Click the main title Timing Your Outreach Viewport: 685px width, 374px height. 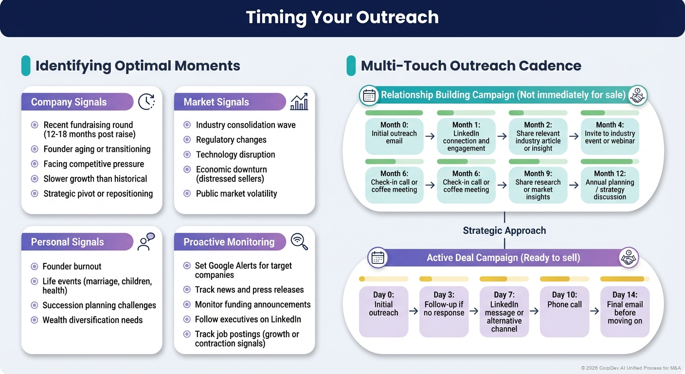pyautogui.click(x=342, y=18)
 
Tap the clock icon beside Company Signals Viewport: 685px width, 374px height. pyautogui.click(x=146, y=102)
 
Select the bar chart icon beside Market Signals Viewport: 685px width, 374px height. pyautogui.click(x=299, y=102)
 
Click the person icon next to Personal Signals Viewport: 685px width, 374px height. pyautogui.click(x=145, y=242)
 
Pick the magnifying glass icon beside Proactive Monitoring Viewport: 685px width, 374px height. pyautogui.click(x=299, y=242)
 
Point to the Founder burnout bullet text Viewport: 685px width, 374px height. pyautogui.click(x=72, y=266)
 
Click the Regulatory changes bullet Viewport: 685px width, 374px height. pyautogui.click(x=231, y=140)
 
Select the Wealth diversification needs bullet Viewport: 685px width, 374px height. pyautogui.click(x=92, y=320)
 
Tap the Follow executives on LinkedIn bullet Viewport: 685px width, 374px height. pyautogui.click(x=248, y=319)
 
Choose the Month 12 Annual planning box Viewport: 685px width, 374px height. pyautogui.click(x=610, y=185)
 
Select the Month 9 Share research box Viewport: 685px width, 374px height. pyautogui.click(x=538, y=185)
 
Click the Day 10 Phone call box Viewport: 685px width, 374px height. pyautogui.click(x=564, y=312)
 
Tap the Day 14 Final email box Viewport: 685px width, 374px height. pyautogui.click(x=625, y=312)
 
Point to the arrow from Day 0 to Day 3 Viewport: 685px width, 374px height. pyautogui.click(x=414, y=311)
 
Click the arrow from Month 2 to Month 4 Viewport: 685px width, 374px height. pyautogui.click(x=574, y=136)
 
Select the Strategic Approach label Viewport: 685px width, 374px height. pyautogui.click(x=504, y=230)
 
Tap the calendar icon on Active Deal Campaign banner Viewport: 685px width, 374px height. pyautogui.click(x=378, y=258)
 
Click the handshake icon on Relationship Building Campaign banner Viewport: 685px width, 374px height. pyautogui.click(x=636, y=95)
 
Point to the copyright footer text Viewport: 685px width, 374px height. pyautogui.click(x=631, y=368)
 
